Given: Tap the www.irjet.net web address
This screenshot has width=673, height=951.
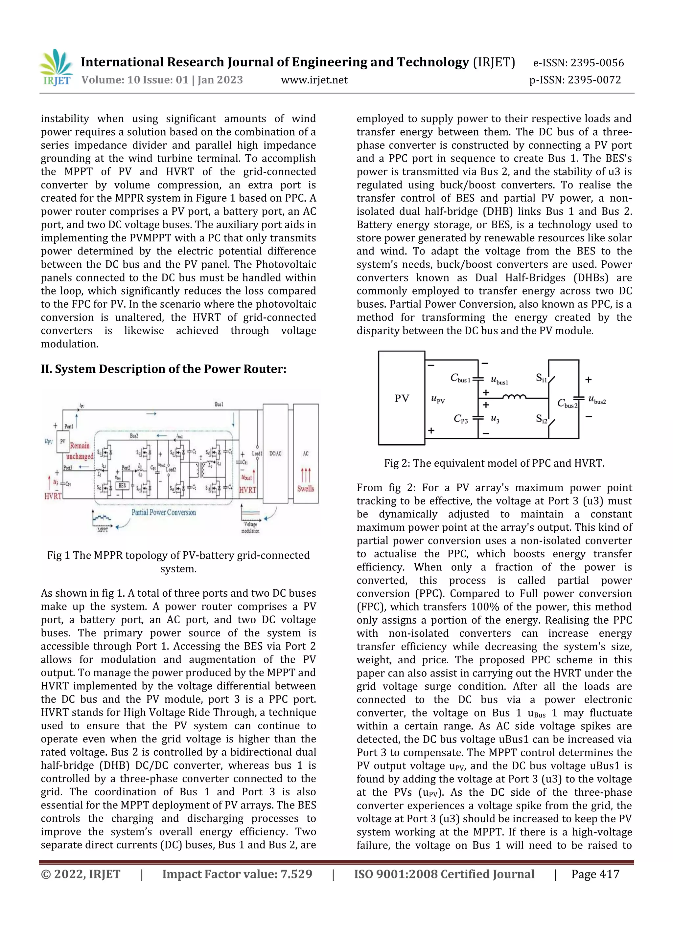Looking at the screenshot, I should coord(314,80).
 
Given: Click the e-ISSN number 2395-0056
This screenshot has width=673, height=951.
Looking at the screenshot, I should coord(597,63).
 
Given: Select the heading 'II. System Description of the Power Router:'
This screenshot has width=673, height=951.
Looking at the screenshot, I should coord(163,369).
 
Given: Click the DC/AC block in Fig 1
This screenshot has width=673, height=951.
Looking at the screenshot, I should coord(275,453).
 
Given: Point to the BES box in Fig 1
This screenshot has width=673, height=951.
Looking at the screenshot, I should coord(122,485).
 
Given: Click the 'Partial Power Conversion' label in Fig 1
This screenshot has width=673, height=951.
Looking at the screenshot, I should coord(164,512).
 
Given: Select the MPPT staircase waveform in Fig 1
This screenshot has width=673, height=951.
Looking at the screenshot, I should coord(102,518).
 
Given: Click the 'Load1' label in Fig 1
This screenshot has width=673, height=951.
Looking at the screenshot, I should coord(257,453).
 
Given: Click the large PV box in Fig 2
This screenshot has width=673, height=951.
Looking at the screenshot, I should coord(402,398).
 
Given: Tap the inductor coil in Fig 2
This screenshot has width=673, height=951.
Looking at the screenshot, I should coord(514,397).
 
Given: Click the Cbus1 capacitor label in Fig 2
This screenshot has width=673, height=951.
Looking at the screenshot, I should coord(460,378).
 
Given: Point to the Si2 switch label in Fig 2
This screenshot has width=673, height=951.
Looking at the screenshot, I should coord(541,419).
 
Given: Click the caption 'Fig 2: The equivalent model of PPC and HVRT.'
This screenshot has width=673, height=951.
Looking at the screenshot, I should coord(494,463).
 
